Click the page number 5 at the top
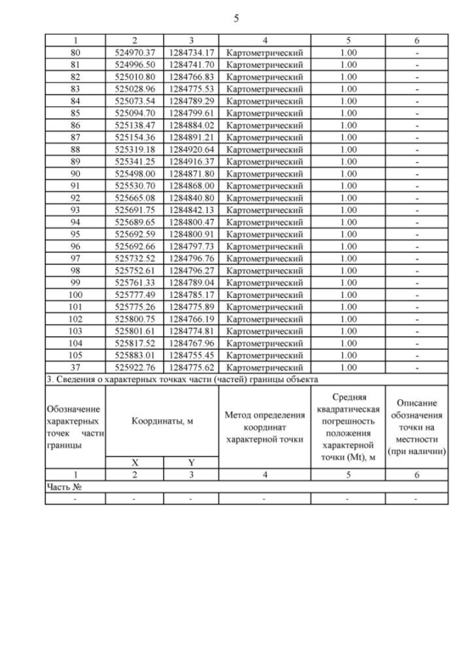[236, 17]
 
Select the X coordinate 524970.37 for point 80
[134, 52]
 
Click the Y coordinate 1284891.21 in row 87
[191, 137]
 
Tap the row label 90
[75, 173]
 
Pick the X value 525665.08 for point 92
[134, 197]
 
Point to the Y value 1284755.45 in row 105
[191, 354]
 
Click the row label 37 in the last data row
[75, 367]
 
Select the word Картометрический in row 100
[265, 293]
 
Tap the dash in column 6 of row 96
[418, 245]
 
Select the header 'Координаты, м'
[162, 421]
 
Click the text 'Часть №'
[63, 487]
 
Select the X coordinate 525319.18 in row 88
[134, 149]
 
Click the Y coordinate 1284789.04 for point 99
[191, 282]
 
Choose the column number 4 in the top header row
[265, 41]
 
